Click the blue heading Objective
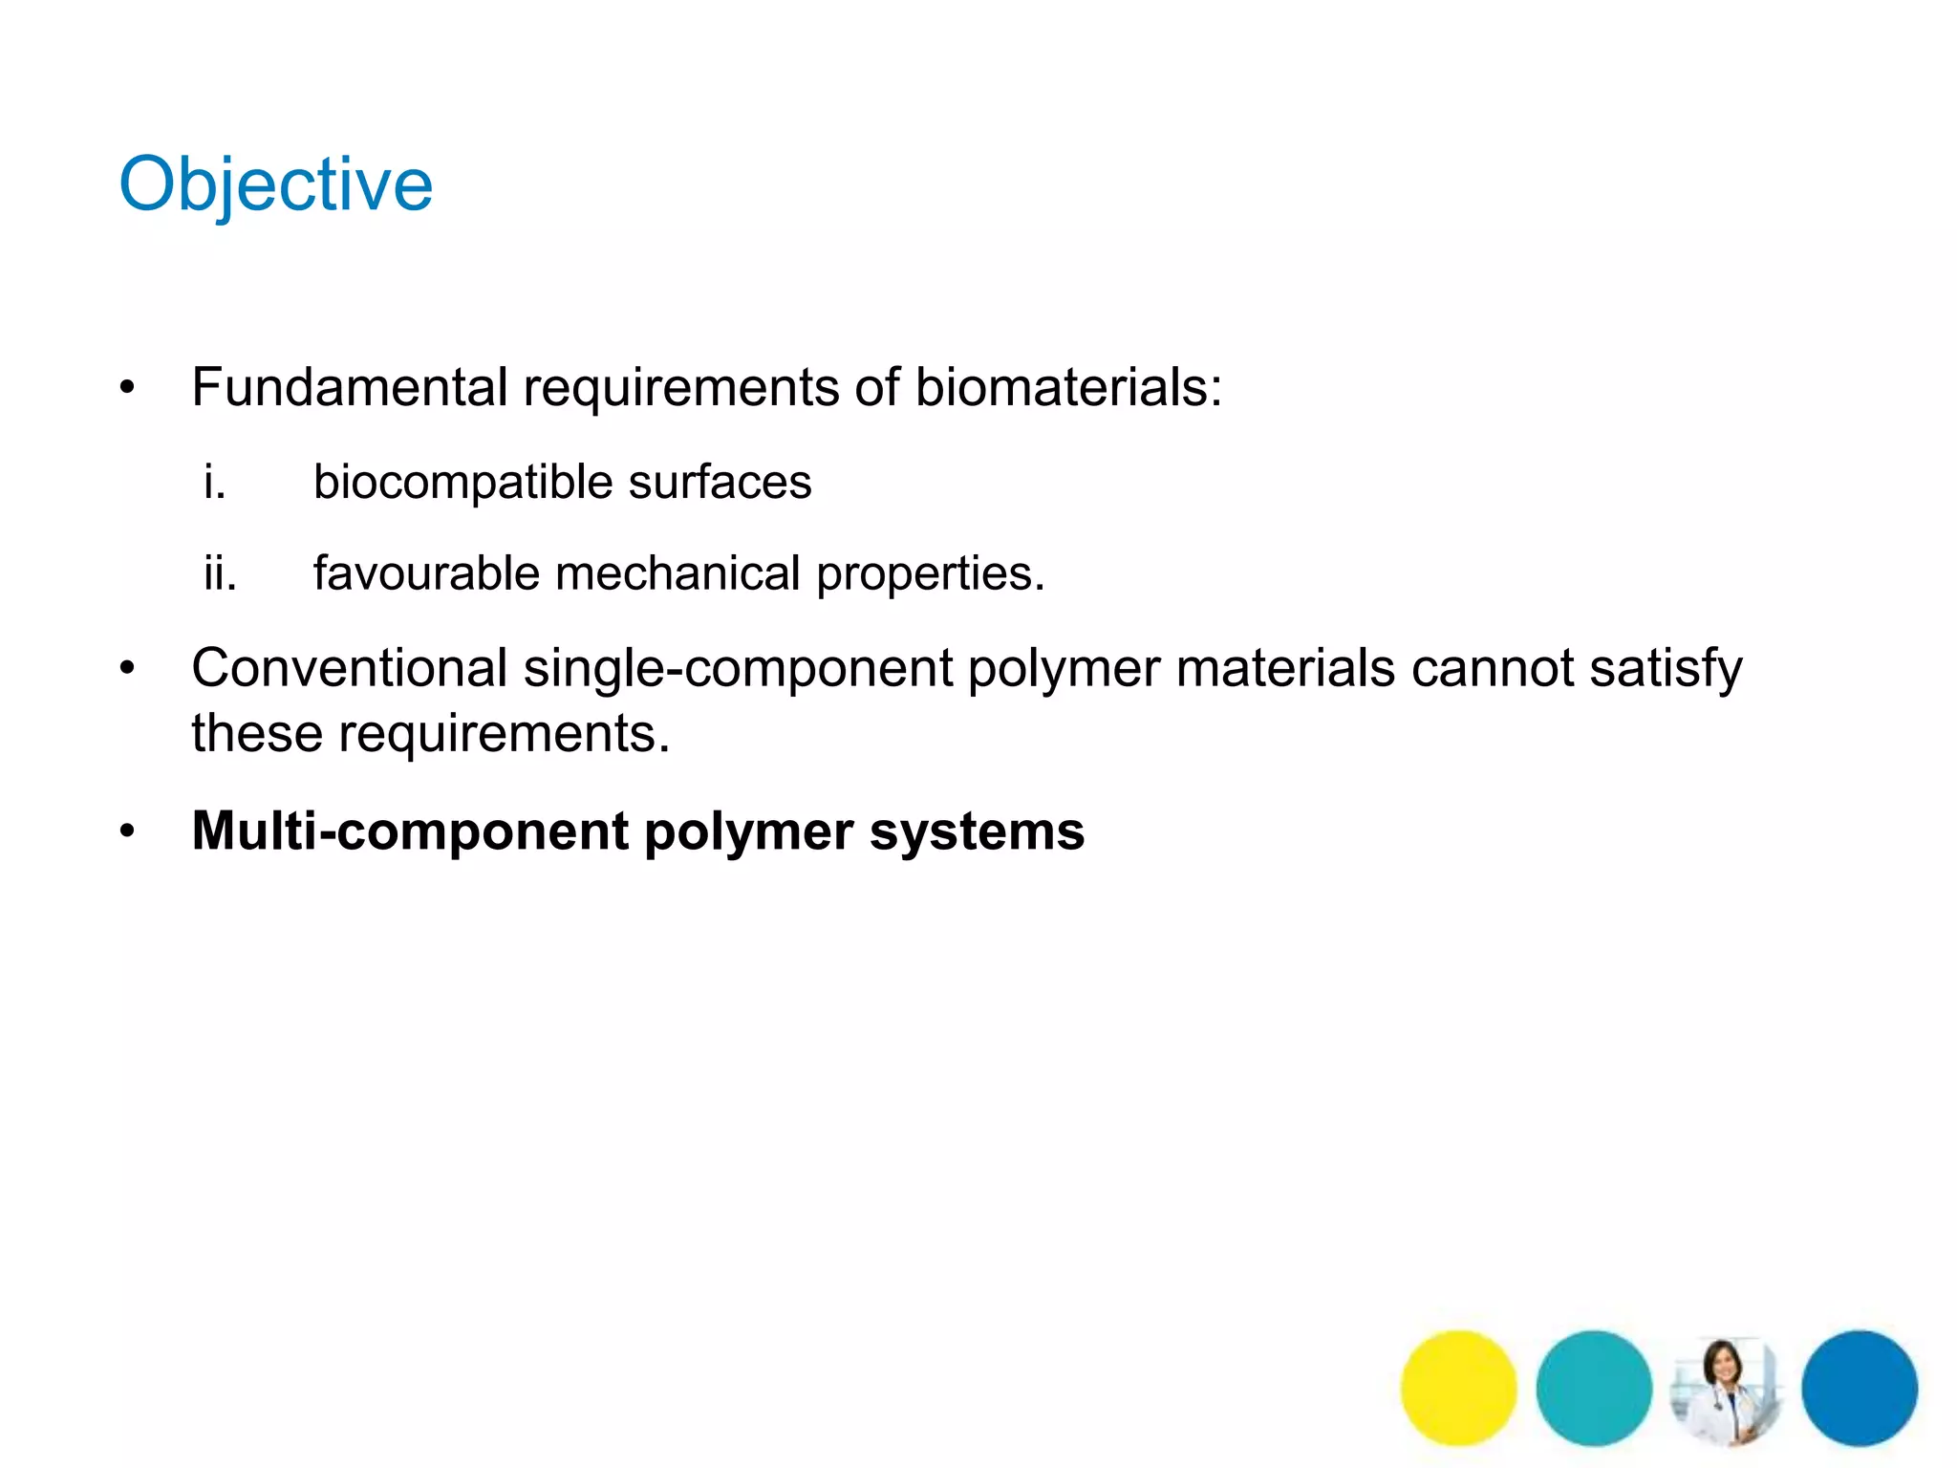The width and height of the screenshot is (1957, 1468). coord(275,184)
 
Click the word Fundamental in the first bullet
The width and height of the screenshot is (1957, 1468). coord(349,388)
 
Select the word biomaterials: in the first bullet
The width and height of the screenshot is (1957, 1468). coord(1068,388)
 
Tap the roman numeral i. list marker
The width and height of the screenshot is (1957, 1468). coord(215,482)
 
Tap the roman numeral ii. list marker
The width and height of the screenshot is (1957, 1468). coord(220,573)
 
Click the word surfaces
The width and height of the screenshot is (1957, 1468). coord(720,483)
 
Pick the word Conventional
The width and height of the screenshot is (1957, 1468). coord(349,668)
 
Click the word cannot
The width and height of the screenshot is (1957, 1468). coord(1492,668)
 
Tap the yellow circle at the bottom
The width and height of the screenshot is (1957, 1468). coord(1458,1388)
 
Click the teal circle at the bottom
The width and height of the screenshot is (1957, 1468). coord(1594,1388)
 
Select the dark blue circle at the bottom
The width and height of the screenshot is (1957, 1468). coord(1860,1388)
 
